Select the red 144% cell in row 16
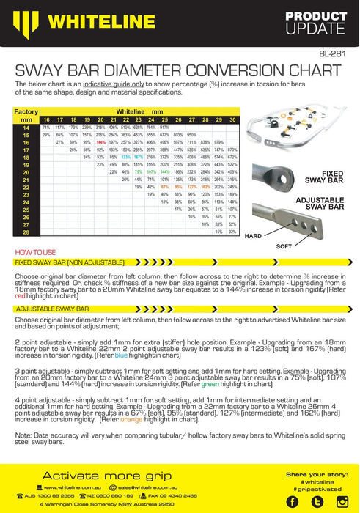[x=101, y=141]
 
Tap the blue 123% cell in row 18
[x=126, y=157]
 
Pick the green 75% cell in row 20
[x=139, y=171]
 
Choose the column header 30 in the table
[x=232, y=119]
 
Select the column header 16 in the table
[x=46, y=119]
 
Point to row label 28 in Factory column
[x=26, y=232]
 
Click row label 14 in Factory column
[x=26, y=127]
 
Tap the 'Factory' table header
[x=26, y=111]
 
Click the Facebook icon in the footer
[x=293, y=501]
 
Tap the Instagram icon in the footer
[x=341, y=501]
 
